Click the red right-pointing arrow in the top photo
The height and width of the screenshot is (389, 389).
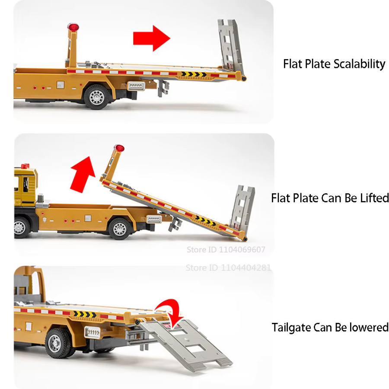pyautogui.click(x=152, y=38)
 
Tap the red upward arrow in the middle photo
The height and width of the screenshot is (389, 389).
pyautogui.click(x=83, y=174)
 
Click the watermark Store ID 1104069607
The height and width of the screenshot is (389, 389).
pyautogui.click(x=226, y=249)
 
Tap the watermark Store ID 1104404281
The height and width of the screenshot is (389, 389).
pyautogui.click(x=228, y=268)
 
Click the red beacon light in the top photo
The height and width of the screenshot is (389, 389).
pyautogui.click(x=73, y=27)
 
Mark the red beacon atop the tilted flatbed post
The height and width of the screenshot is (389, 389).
pyautogui.click(x=119, y=148)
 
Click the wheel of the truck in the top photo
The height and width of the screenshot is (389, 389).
pyautogui.click(x=96, y=97)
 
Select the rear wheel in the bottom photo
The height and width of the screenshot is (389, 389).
pyautogui.click(x=58, y=343)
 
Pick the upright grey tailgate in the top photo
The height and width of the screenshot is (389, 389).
pyautogui.click(x=230, y=44)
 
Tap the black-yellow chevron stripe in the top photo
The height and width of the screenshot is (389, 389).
pyautogui.click(x=194, y=74)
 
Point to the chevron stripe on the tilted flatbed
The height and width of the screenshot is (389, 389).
pyautogui.click(x=205, y=221)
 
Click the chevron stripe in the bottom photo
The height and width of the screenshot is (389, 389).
pyautogui.click(x=85, y=314)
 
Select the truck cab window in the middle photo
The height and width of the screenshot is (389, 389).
pyautogui.click(x=25, y=185)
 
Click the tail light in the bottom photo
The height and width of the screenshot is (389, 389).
pyautogui.click(x=92, y=332)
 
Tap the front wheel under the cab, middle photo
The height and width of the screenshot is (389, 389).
pyautogui.click(x=21, y=227)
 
